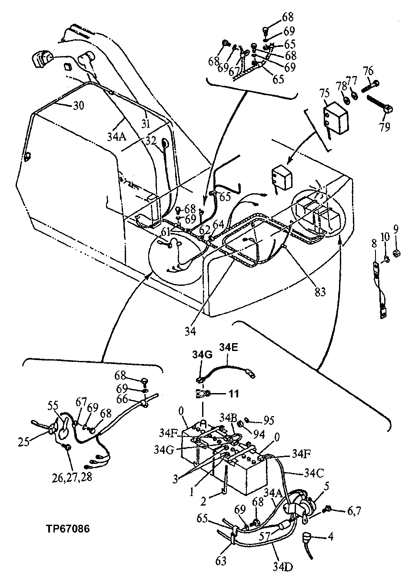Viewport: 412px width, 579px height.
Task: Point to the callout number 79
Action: point(384,127)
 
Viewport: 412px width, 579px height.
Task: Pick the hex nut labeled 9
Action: point(396,254)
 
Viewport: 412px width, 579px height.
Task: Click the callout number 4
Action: point(330,537)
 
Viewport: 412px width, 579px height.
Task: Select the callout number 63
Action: point(221,561)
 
